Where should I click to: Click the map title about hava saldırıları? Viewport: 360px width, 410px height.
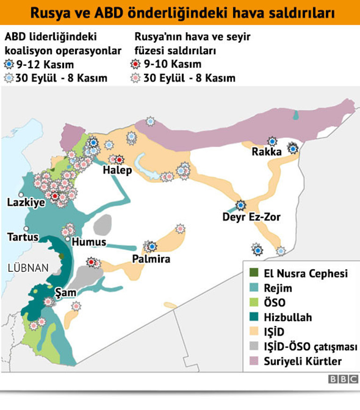click(180, 12)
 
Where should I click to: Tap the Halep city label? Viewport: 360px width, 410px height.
click(117, 170)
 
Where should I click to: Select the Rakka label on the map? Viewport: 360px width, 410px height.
click(266, 152)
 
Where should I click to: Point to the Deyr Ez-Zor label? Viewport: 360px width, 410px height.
click(252, 217)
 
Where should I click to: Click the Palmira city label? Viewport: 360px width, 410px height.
click(151, 259)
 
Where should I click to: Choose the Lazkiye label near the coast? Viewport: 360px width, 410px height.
click(26, 203)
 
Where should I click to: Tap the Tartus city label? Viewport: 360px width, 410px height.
click(23, 237)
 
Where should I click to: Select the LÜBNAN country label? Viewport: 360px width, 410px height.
click(28, 268)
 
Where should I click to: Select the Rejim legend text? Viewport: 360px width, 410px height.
click(278, 288)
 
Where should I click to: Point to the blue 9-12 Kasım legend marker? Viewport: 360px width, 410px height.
click(9, 64)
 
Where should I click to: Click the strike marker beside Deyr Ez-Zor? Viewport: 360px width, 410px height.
click(241, 205)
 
